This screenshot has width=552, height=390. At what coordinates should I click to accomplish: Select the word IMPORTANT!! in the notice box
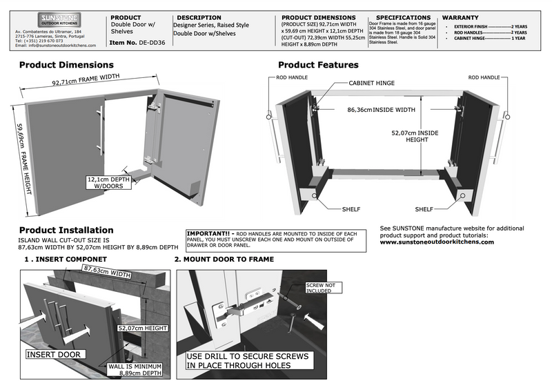[209, 233]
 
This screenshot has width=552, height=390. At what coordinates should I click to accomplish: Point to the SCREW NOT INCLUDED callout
[321, 287]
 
